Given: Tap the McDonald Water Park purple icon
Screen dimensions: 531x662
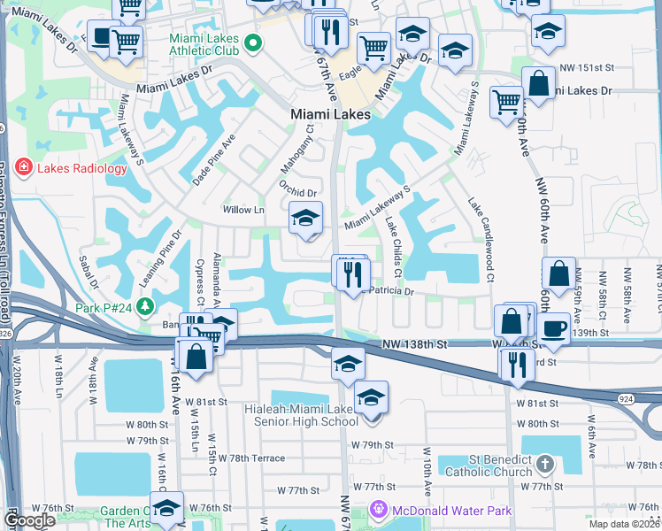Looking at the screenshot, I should click(379, 510).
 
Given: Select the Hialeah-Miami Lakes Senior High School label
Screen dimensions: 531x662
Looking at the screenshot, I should click(302, 414).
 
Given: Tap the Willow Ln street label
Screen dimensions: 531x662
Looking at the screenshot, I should click(245, 210).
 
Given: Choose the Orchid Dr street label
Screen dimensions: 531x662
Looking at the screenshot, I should click(297, 189).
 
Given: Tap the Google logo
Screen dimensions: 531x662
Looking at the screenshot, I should click(29, 520).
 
